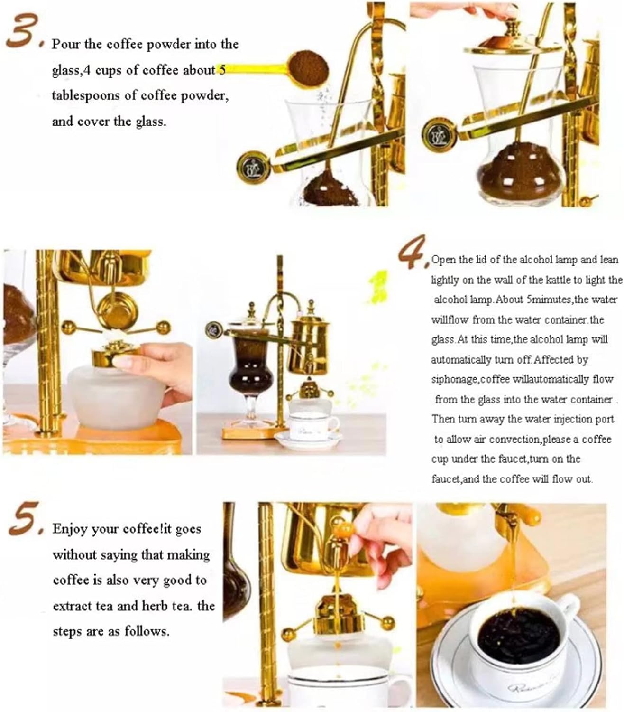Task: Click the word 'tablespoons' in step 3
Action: click(86, 95)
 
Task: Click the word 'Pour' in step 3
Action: click(65, 44)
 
